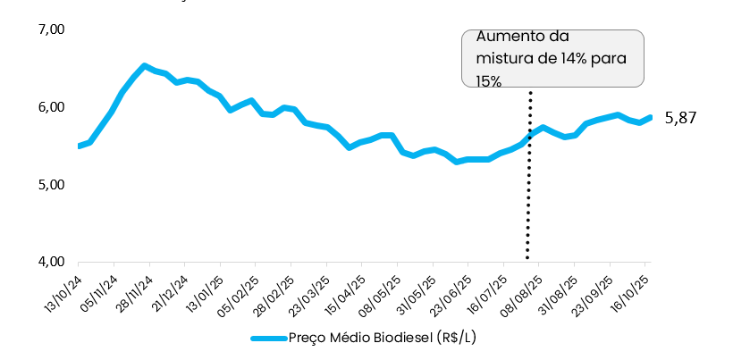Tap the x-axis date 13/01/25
pos(206,290)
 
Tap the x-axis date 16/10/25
pos(630,290)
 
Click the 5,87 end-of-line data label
pos(680,118)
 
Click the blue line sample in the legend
pos(267,339)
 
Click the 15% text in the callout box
pos(489,80)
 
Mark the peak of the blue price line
pos(145,65)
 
